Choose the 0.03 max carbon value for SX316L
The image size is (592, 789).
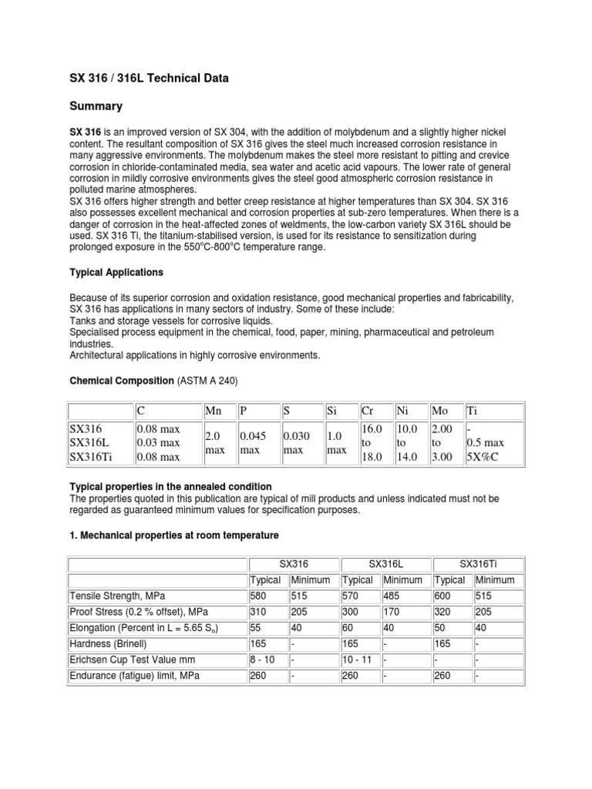[x=157, y=442]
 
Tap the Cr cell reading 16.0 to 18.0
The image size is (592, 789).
[x=372, y=442]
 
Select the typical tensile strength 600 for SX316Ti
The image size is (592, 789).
[x=445, y=596]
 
